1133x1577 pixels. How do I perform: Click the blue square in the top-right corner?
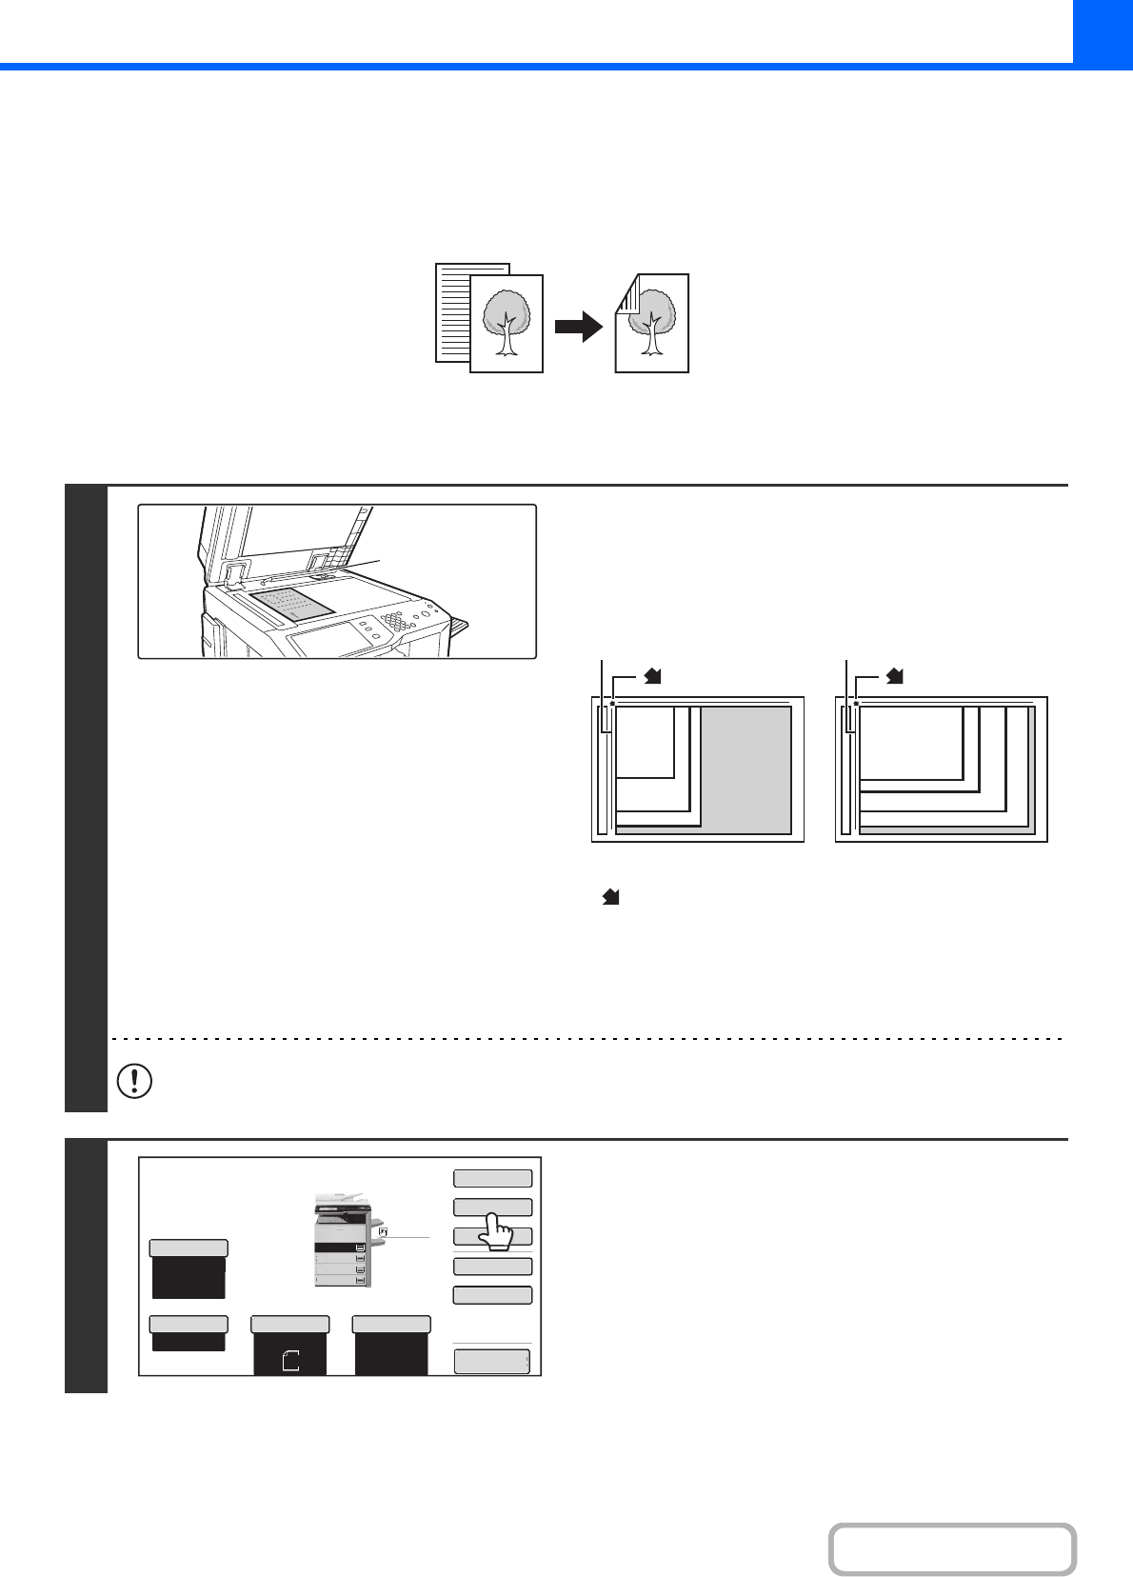coord(1103,30)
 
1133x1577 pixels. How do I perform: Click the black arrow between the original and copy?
coord(578,328)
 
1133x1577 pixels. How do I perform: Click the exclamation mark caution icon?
coord(134,1081)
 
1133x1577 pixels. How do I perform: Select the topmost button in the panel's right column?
coord(492,1179)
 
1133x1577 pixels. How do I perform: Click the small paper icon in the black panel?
coord(291,1360)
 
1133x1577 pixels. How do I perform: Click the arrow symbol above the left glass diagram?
coord(653,676)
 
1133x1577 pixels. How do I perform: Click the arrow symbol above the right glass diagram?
coord(895,676)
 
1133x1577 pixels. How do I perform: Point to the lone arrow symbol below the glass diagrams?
coord(611,897)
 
